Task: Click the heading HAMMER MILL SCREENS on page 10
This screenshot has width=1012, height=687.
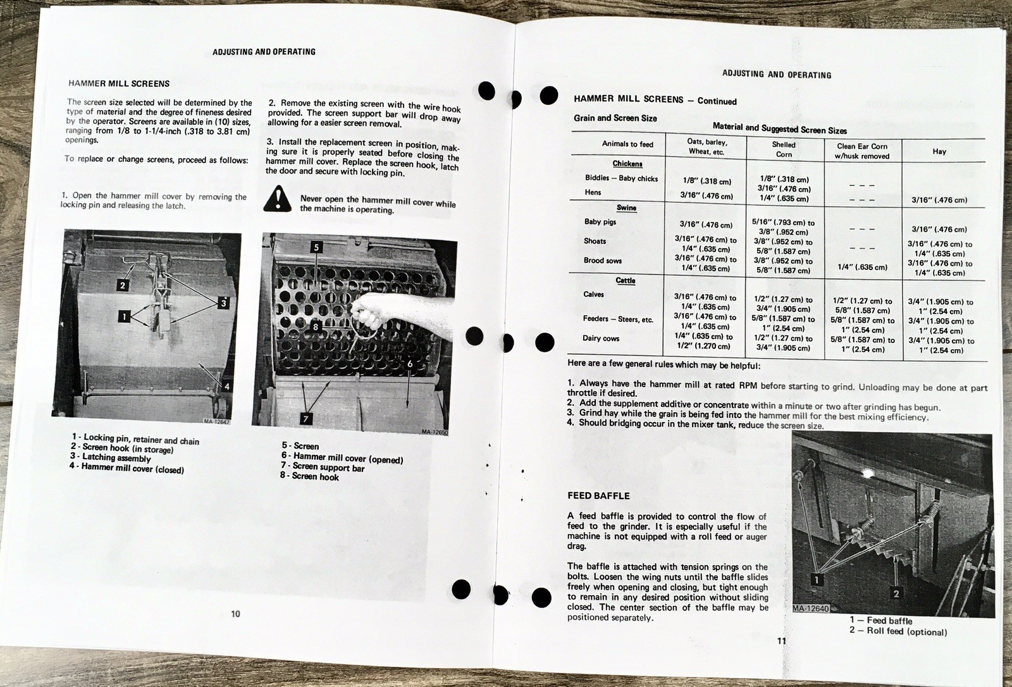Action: (x=118, y=84)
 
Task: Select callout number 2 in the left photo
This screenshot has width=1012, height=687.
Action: (x=123, y=285)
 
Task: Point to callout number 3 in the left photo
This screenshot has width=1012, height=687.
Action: (x=223, y=302)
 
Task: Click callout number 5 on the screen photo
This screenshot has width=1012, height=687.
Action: (x=316, y=247)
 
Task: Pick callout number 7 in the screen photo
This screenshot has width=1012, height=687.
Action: (x=306, y=419)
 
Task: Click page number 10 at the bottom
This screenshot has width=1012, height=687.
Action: (x=235, y=614)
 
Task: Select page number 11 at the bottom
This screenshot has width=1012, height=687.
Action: (x=781, y=641)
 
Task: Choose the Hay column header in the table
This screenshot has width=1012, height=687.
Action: (x=939, y=151)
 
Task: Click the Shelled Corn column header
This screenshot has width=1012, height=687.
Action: (x=784, y=149)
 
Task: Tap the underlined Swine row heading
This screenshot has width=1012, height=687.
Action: (x=626, y=207)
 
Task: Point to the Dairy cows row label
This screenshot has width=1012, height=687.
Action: (x=601, y=338)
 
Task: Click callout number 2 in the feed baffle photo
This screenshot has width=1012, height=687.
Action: (x=896, y=593)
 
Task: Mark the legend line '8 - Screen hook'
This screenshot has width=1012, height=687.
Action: (x=309, y=476)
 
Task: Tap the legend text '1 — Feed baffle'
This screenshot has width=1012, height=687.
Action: (x=880, y=621)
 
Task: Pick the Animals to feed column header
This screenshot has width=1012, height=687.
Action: (x=627, y=144)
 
